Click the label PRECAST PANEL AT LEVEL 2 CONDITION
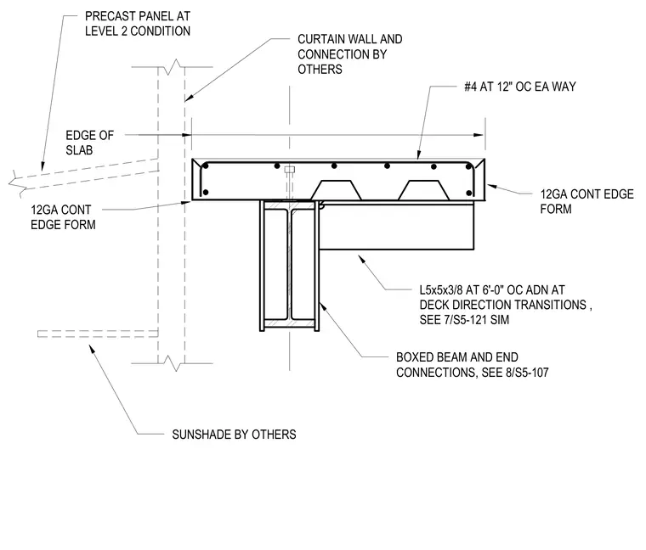(x=138, y=24)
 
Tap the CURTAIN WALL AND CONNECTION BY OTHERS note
(x=350, y=53)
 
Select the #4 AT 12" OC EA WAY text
(x=520, y=87)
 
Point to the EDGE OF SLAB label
(x=89, y=143)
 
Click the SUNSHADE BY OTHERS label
(x=234, y=435)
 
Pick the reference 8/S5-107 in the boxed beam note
(x=527, y=373)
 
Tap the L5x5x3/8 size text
(x=441, y=290)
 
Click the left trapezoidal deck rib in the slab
(x=337, y=190)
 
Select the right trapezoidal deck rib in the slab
(x=423, y=190)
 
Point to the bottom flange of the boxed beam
(x=289, y=323)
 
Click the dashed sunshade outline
(x=98, y=334)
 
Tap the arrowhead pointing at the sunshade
(x=92, y=349)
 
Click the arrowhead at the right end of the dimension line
(x=479, y=135)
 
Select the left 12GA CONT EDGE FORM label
(x=63, y=217)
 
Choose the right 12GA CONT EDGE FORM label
(x=586, y=201)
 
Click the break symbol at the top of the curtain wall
(x=173, y=67)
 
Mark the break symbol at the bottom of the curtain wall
(x=173, y=363)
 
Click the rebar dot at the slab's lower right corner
(x=469, y=193)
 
